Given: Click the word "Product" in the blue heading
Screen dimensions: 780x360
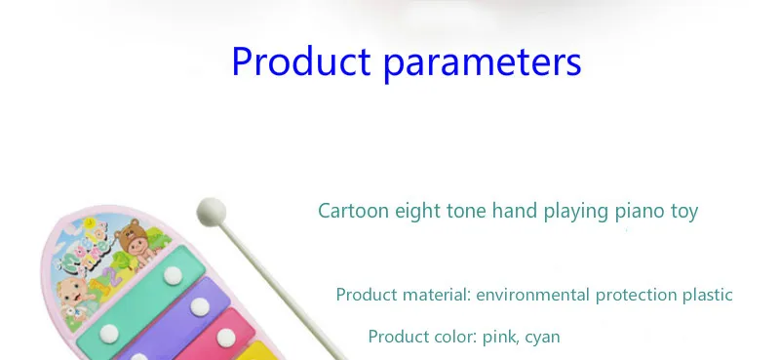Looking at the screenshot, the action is pyautogui.click(x=301, y=60).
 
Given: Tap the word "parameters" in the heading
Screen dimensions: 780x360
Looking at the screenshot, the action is pyautogui.click(x=483, y=63).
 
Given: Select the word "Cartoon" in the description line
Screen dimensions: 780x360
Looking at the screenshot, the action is pyautogui.click(x=353, y=211).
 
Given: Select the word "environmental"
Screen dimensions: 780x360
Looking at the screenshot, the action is pyautogui.click(x=533, y=295).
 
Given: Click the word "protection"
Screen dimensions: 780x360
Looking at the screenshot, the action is pyautogui.click(x=637, y=296).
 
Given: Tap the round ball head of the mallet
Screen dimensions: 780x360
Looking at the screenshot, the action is pyautogui.click(x=212, y=212).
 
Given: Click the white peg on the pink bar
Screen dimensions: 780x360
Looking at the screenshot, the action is pyautogui.click(x=226, y=338).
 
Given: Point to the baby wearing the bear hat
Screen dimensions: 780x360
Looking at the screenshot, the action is pyautogui.click(x=136, y=243).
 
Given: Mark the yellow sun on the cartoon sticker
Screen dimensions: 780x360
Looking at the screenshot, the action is pyautogui.click(x=90, y=221).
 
